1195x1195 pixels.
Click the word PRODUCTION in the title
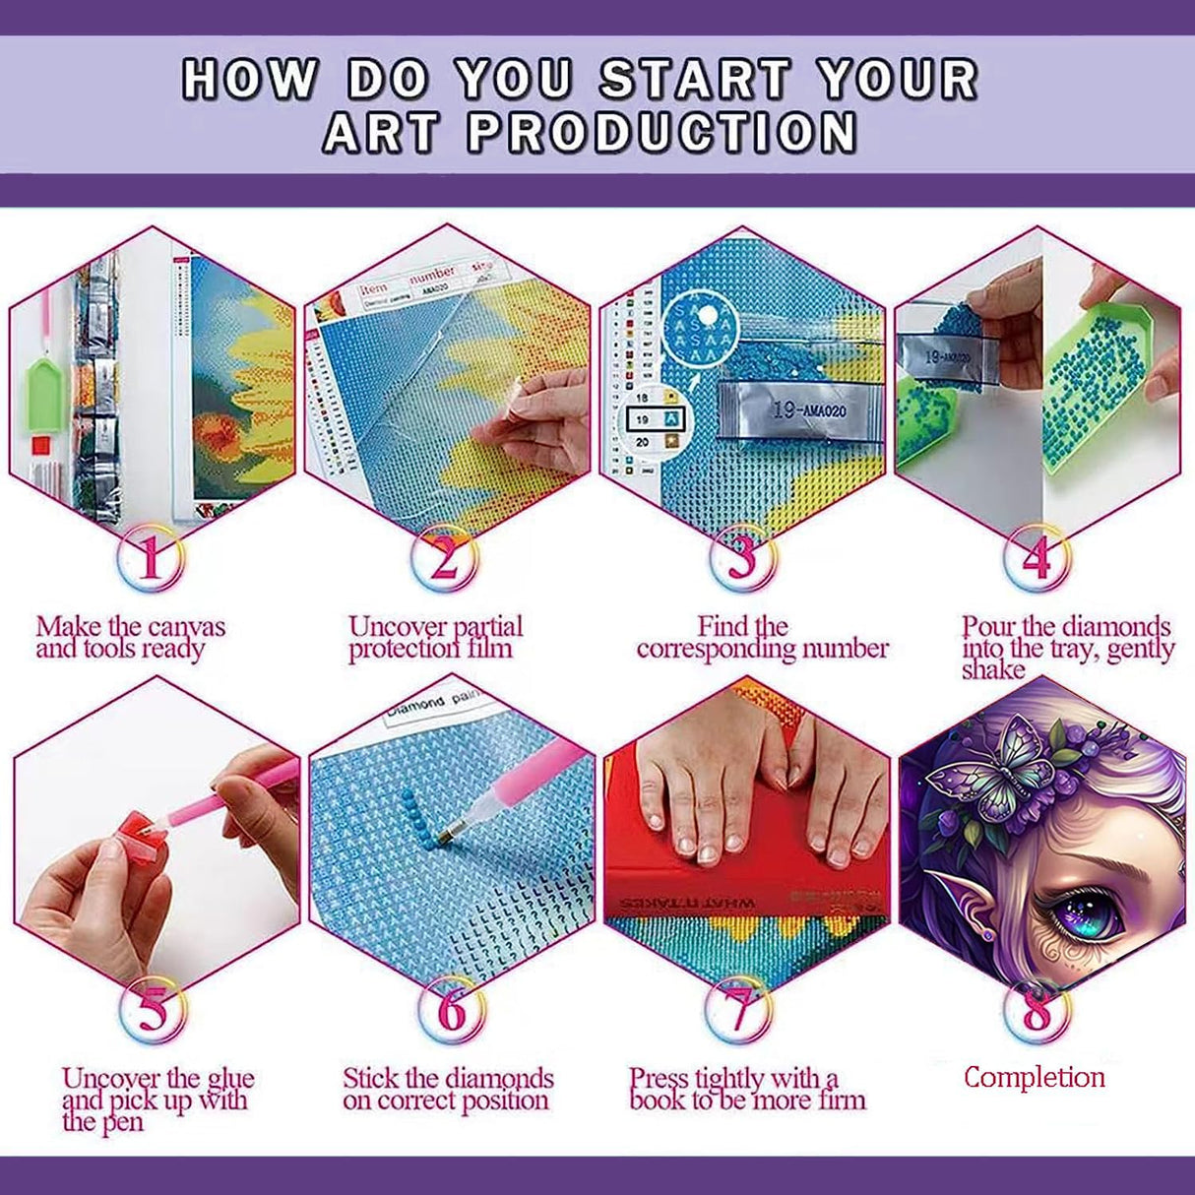[661, 133]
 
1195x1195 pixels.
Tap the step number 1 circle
[150, 559]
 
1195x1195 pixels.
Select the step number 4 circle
[1035, 559]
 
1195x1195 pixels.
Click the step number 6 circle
[450, 1009]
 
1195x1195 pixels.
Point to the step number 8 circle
[1037, 1009]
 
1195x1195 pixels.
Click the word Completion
[1034, 1077]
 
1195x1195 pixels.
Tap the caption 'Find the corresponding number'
[762, 638]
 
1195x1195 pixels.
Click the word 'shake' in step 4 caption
[993, 670]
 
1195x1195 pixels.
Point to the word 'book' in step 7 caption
[660, 1101]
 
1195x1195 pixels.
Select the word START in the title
[695, 79]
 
